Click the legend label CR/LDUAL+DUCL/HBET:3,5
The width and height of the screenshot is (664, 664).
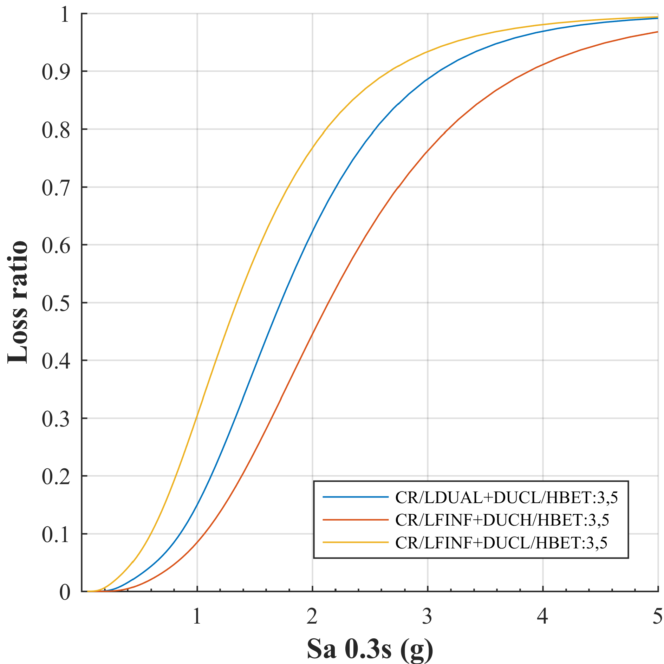[x=506, y=497]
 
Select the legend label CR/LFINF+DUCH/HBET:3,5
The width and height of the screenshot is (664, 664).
[x=502, y=520]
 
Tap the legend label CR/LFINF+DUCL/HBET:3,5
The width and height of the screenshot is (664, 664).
[x=501, y=543]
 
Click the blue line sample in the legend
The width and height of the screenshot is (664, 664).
[x=356, y=497]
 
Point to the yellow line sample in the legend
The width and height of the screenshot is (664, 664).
[x=356, y=542]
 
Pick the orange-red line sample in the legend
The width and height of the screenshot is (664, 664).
[x=356, y=520]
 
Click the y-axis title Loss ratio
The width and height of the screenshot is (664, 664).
[x=18, y=302]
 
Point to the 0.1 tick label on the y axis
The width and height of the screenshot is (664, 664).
[x=56, y=534]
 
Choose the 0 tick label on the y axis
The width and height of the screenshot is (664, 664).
[x=65, y=592]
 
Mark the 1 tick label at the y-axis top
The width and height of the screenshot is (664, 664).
[x=65, y=14]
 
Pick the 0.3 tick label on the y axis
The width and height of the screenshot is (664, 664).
[x=56, y=419]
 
